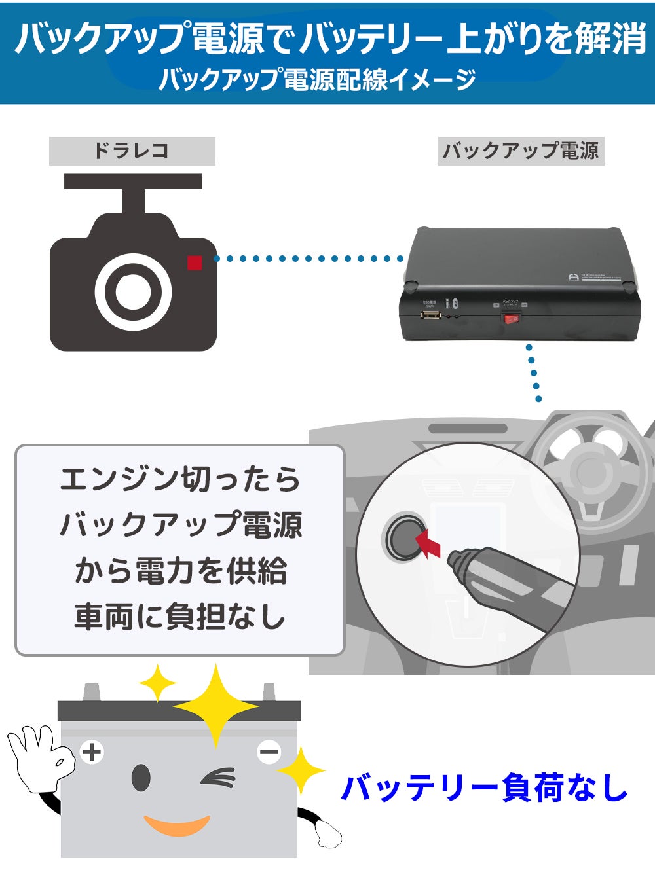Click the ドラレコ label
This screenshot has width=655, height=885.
point(132,151)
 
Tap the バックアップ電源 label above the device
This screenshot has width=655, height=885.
point(521,151)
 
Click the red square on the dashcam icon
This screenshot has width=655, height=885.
point(195,262)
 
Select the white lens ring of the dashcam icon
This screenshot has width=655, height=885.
point(134,291)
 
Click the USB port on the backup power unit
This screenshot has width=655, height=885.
point(430,316)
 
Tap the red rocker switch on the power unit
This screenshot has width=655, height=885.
point(511,319)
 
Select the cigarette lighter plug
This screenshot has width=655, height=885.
point(504,579)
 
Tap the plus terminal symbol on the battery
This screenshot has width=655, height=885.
point(92,752)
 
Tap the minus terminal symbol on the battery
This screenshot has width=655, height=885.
point(269,752)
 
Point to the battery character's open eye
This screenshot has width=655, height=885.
point(140,778)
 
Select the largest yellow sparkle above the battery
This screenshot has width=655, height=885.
point(215,706)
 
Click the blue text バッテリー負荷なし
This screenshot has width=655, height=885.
point(484,787)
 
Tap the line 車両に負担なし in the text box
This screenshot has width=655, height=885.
point(179,617)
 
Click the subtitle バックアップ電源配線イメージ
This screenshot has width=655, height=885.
point(317,79)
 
